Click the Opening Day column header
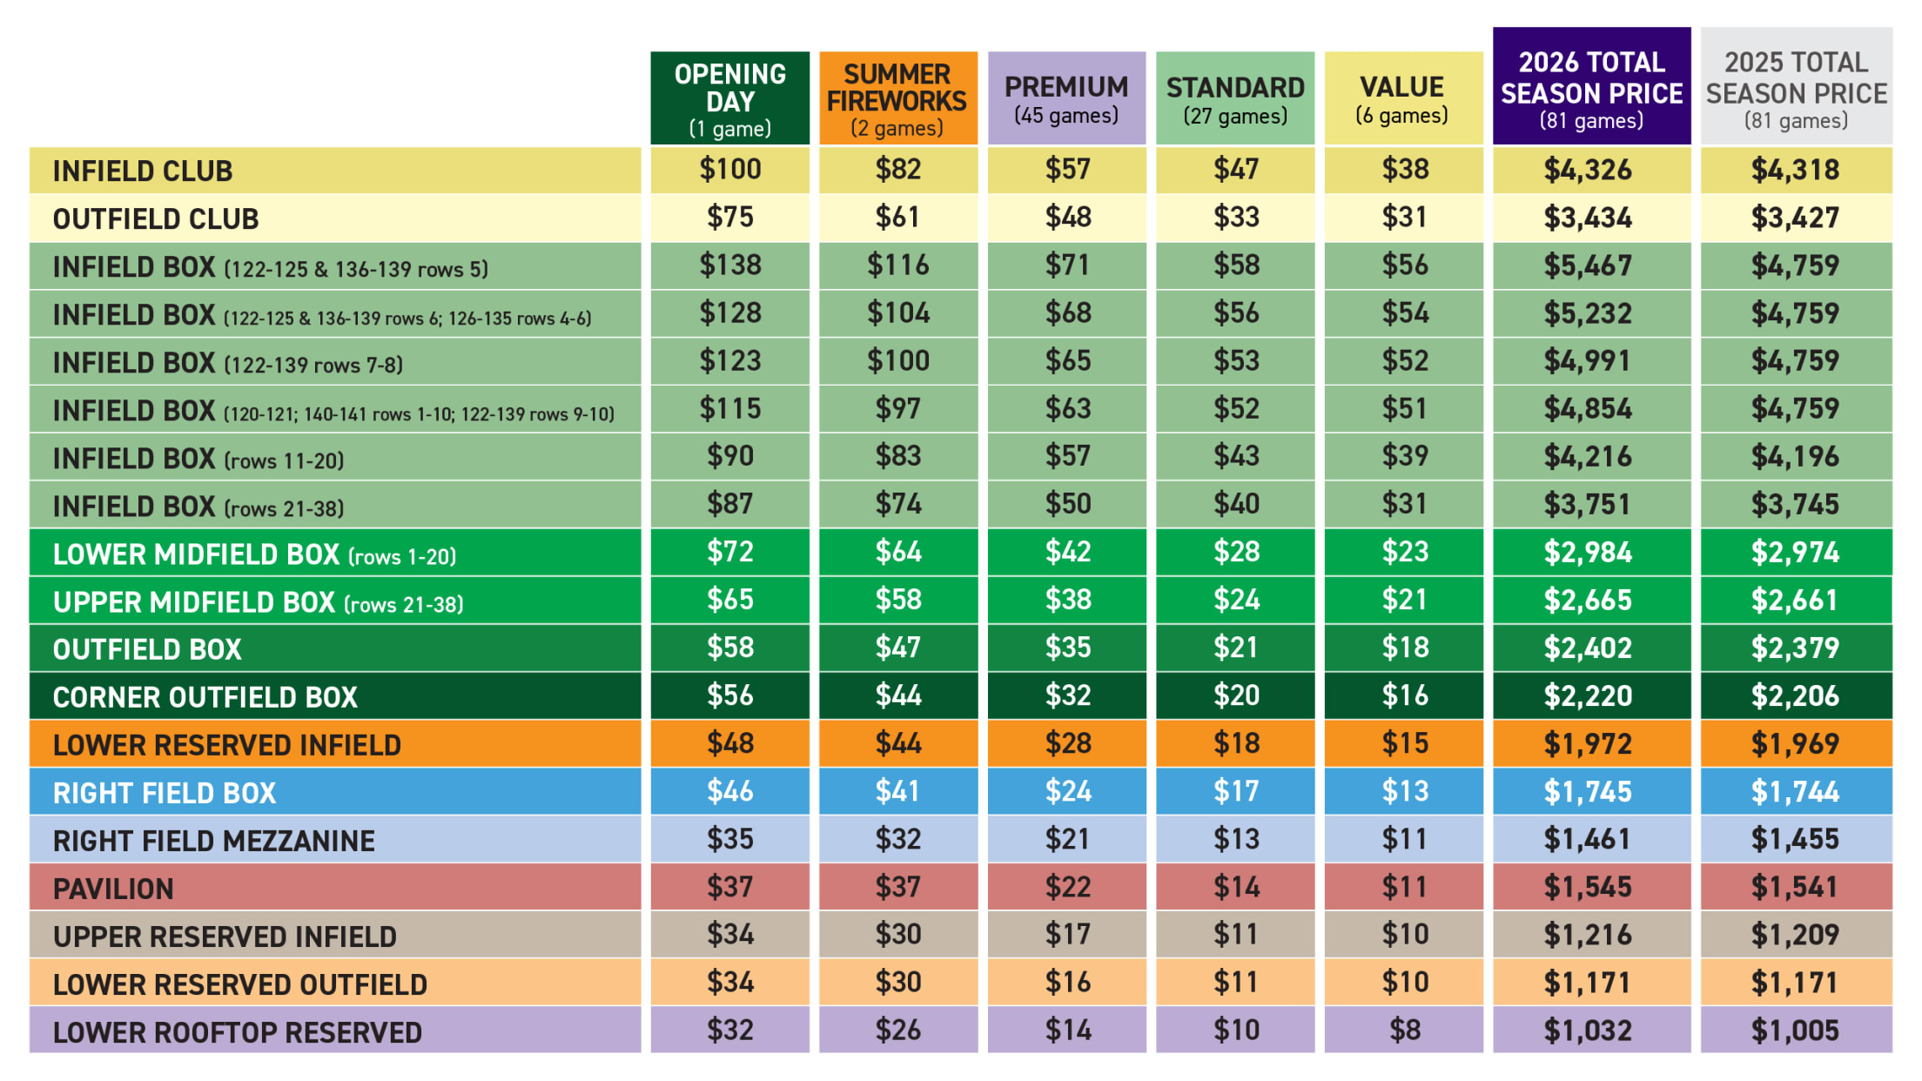pyautogui.click(x=729, y=98)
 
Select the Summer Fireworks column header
pyautogui.click(x=897, y=98)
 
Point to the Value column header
pyautogui.click(x=1402, y=98)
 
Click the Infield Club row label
pyautogui.click(x=143, y=171)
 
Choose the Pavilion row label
pyautogui.click(x=113, y=889)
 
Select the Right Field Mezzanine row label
pyautogui.click(x=213, y=841)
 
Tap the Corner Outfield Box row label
pyautogui.click(x=205, y=697)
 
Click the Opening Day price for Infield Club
pyautogui.click(x=729, y=170)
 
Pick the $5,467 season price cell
pyautogui.click(x=1588, y=265)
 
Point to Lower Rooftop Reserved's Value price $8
pyautogui.click(x=1404, y=1031)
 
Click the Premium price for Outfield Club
pyautogui.click(x=1067, y=218)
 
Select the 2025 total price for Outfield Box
pyautogui.click(x=1795, y=648)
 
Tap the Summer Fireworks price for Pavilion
pyautogui.click(x=897, y=887)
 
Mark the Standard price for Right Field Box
pyautogui.click(x=1235, y=791)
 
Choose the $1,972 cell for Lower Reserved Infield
pyautogui.click(x=1588, y=744)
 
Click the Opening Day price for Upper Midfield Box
pyautogui.click(x=729, y=600)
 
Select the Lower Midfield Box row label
pyautogui.click(x=254, y=554)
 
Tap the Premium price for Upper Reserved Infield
pyautogui.click(x=1067, y=935)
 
